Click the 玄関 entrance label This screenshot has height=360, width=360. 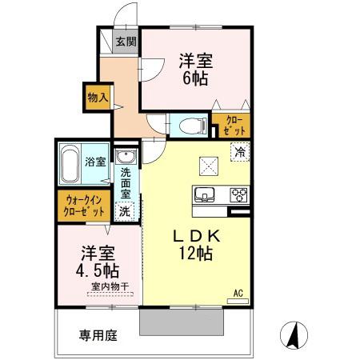point(125,42)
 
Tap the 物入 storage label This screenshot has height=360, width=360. point(98,98)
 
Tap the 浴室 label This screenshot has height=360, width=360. point(95,162)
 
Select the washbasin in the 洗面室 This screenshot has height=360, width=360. point(126,156)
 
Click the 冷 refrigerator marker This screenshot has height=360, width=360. point(239,150)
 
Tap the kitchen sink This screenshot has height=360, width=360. point(203,194)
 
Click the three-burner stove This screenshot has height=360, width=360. point(238,194)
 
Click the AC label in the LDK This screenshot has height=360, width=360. point(238,294)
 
